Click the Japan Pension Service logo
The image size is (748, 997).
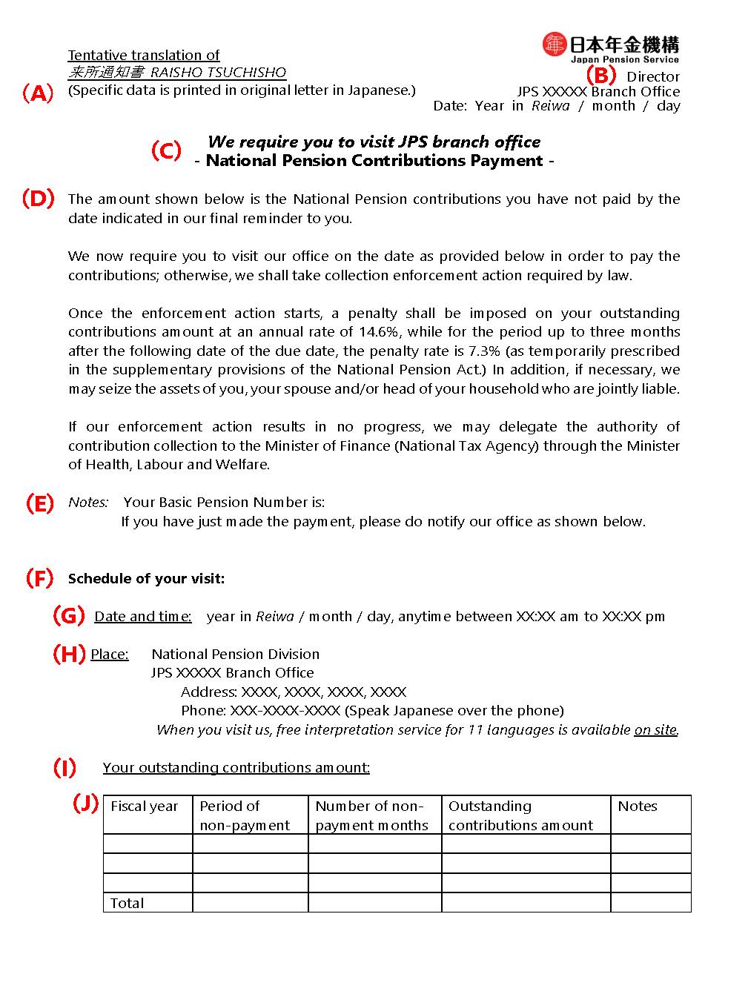tap(610, 47)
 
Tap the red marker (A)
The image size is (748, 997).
tap(37, 93)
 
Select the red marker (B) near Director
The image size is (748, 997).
tap(600, 75)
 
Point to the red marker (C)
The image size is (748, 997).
tap(166, 150)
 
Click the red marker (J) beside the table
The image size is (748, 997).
tap(86, 804)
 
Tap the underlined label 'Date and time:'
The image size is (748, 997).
tap(143, 617)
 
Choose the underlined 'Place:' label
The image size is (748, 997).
tap(110, 655)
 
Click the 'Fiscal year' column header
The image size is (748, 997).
tap(145, 806)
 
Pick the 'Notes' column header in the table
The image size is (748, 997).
tap(638, 806)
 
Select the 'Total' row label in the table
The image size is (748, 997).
tap(127, 903)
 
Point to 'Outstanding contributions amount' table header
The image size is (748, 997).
tap(520, 815)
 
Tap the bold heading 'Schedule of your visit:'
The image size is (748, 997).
tap(146, 579)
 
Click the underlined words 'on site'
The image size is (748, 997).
tap(655, 730)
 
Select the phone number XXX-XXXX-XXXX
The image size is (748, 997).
tap(285, 711)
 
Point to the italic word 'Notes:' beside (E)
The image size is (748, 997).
tap(88, 503)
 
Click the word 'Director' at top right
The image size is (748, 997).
tap(653, 77)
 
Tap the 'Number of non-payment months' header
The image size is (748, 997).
tap(371, 815)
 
